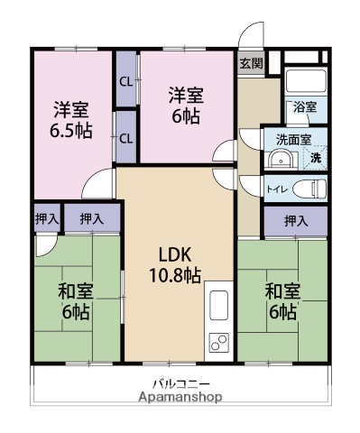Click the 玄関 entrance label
[x=252, y=63]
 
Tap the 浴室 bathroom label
[x=304, y=106]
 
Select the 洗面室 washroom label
[x=294, y=140]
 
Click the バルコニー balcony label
[x=180, y=382]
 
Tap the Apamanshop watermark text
[x=180, y=396]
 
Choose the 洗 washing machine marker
[x=315, y=158]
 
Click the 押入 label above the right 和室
[x=295, y=220]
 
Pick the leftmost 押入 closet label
[x=47, y=217]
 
